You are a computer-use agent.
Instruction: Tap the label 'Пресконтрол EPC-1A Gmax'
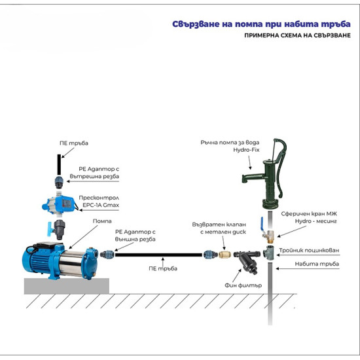click(x=98, y=200)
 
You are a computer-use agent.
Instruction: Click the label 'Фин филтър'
click(x=243, y=285)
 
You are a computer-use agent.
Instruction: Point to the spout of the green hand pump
click(x=245, y=177)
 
